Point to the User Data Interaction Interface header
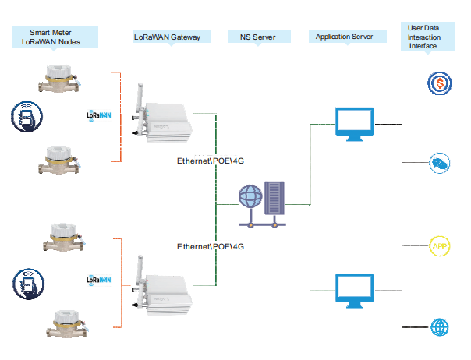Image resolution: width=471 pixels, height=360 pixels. coord(428,37)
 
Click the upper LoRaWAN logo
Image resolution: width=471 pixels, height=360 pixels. coord(99,115)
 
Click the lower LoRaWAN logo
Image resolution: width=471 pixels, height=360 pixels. coord(99,278)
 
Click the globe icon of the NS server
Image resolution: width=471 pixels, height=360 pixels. coord(251,195)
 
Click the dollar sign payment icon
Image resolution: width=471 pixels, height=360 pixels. coord(440,82)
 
